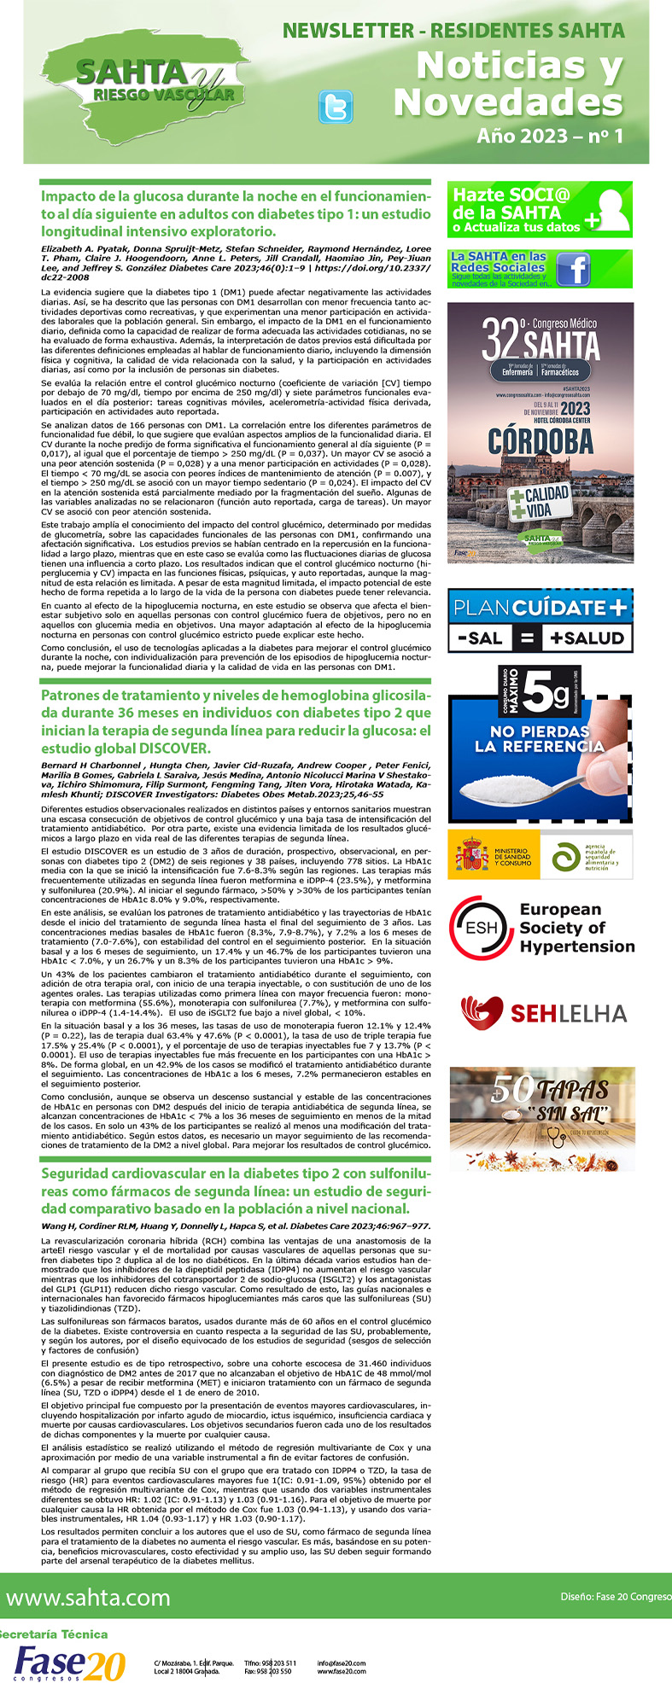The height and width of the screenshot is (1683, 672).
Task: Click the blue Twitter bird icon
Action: point(335,107)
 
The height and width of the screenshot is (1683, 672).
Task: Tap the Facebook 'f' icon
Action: point(573,270)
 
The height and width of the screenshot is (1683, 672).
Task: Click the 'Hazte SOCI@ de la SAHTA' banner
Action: point(540,209)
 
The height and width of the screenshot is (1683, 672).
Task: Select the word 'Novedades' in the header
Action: point(507,103)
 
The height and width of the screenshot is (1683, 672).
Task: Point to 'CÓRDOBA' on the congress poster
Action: point(540,440)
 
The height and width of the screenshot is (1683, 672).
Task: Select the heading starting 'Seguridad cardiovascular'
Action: point(236,1191)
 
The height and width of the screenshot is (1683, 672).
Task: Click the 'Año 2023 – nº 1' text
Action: point(550,136)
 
